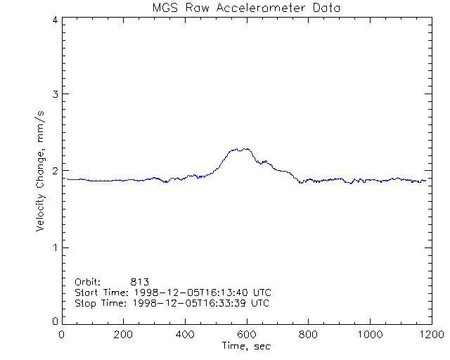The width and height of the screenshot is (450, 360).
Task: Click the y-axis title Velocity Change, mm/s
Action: click(41, 171)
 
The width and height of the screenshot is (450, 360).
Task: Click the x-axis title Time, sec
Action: click(245, 346)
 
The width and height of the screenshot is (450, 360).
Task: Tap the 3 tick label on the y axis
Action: click(54, 95)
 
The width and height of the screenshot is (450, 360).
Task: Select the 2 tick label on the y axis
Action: click(54, 171)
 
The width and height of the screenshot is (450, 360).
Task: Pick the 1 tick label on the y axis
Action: click(54, 247)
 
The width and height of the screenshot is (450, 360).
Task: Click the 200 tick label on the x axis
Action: click(123, 335)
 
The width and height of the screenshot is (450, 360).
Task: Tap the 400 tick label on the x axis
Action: click(185, 335)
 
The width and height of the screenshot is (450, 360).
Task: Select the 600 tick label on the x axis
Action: click(246, 335)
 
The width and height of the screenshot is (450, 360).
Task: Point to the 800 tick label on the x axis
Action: click(307, 335)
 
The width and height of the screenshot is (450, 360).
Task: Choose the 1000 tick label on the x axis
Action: click(368, 335)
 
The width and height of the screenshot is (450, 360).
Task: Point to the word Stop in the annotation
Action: click(85, 303)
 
